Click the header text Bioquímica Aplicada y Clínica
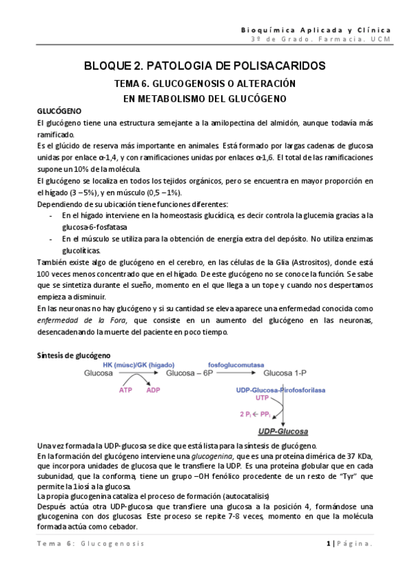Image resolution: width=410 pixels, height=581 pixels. point(317,30)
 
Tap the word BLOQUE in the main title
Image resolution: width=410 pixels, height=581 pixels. point(110,66)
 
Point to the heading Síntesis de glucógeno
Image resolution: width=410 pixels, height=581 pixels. point(73,356)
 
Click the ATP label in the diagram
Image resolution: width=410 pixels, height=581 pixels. point(126,390)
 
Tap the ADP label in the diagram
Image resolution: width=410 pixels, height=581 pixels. point(155,390)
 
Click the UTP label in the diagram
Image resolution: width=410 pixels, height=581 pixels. point(262,398)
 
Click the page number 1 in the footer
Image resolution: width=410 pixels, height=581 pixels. point(329,562)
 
